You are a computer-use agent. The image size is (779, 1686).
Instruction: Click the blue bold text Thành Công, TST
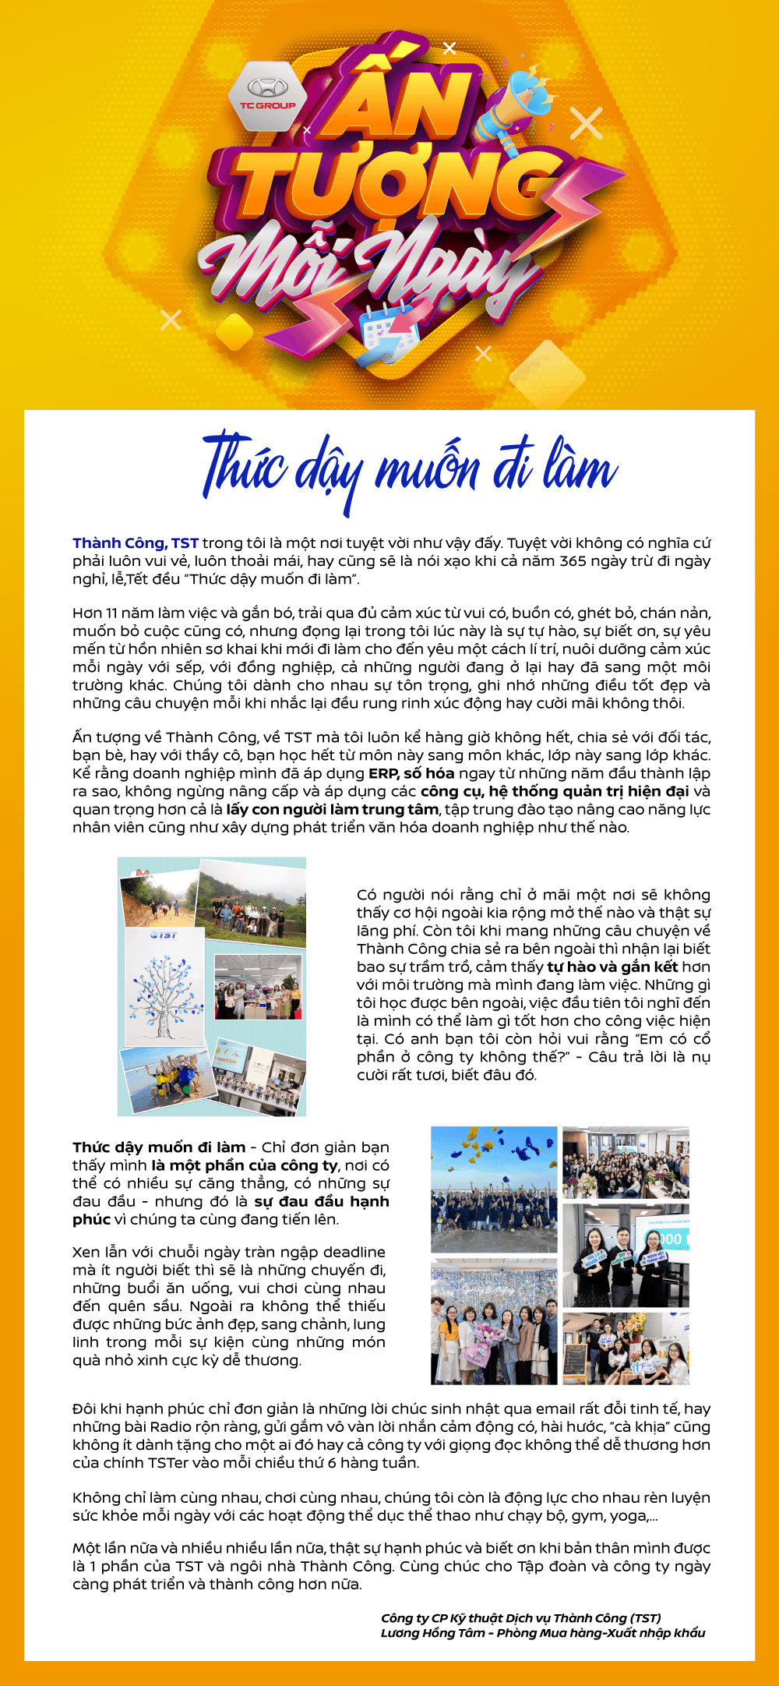pos(136,543)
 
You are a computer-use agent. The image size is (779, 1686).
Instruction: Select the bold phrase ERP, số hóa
pos(411,773)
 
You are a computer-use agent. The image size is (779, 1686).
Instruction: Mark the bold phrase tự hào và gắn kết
pos(612,967)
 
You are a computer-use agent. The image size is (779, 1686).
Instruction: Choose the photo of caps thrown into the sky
pos(494,1188)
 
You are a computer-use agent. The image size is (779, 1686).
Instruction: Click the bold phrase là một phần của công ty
pos(244,1165)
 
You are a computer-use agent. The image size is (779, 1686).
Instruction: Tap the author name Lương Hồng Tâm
pos(432,1633)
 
